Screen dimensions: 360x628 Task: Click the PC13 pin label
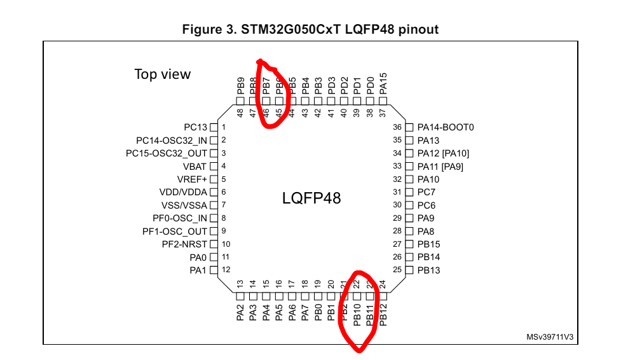pos(195,127)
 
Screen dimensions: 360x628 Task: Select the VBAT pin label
pos(195,166)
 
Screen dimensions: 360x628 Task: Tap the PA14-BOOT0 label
pos(446,127)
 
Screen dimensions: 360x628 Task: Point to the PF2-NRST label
pos(185,244)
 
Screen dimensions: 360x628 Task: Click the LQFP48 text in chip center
pos(311,198)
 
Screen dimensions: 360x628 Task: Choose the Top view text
pos(162,74)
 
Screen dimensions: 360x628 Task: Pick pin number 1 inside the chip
pos(224,127)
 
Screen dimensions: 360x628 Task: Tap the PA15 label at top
pos(383,84)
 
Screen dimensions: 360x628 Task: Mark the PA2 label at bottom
pos(240,313)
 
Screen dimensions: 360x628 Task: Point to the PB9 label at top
pos(240,86)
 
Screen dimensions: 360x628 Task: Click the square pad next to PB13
pos(409,270)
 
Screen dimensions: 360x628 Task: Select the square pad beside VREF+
pos(214,179)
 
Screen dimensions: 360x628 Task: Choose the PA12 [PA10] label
pos(443,153)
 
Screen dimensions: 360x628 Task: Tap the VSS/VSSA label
pos(184,205)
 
